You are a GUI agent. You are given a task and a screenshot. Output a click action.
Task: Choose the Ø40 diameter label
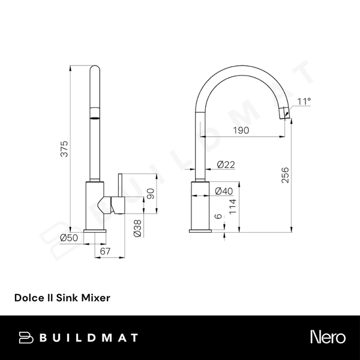(224, 191)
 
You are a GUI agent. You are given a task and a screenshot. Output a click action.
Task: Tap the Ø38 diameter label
(137, 227)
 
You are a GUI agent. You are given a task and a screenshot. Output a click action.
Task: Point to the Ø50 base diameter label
(68, 238)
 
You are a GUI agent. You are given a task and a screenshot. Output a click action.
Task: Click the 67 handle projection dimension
(106, 251)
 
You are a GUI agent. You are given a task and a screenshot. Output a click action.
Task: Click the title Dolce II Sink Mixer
(62, 296)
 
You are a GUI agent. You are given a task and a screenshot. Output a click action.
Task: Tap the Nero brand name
(327, 337)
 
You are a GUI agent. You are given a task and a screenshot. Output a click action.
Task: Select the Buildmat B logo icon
(26, 337)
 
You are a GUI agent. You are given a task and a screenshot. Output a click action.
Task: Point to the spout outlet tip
(286, 112)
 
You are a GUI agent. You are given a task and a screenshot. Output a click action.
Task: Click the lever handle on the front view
(120, 193)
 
